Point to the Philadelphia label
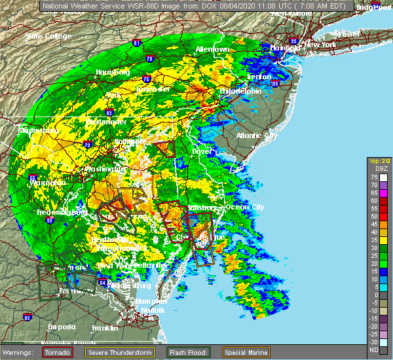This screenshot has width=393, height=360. (240, 91)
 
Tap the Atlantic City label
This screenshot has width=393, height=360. (257, 135)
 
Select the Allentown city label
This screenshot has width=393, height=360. (212, 50)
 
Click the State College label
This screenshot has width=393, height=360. (48, 36)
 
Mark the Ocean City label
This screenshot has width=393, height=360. (244, 207)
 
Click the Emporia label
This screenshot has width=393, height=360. (62, 327)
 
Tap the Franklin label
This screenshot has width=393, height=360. (105, 327)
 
